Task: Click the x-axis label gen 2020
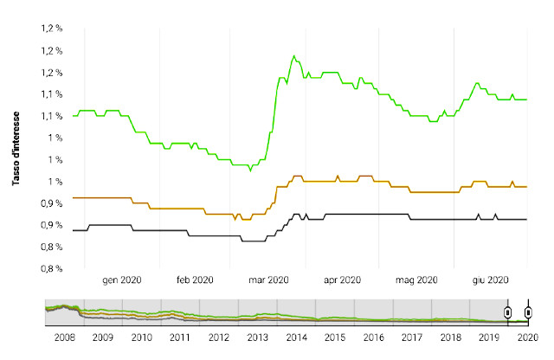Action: [122, 280]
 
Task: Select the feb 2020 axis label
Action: [195, 280]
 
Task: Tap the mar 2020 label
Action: [269, 280]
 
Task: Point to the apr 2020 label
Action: [343, 280]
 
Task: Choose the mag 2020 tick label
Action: [416, 280]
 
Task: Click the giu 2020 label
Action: [491, 280]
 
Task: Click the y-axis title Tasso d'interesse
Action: [16, 148]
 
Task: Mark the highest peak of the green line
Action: [293, 56]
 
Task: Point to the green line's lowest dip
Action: [250, 170]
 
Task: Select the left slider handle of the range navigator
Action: [508, 312]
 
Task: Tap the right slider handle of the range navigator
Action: [528, 312]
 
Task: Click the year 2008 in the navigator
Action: [65, 337]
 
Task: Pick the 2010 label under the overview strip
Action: [142, 337]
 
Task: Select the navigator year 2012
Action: [219, 337]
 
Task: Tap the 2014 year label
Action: [296, 337]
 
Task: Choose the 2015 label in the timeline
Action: [335, 337]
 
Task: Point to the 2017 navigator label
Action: [412, 337]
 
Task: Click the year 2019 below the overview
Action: [489, 337]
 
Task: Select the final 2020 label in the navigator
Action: [528, 337]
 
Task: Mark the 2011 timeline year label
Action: [180, 337]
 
